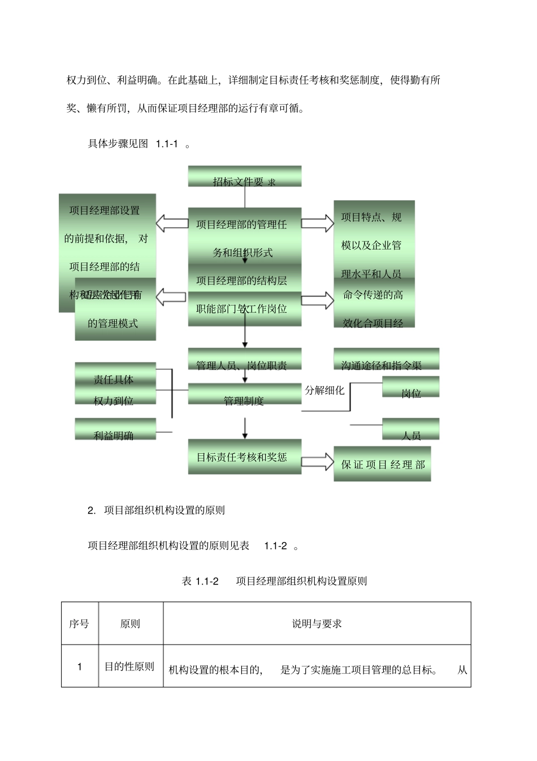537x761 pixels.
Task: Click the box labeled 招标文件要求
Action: coord(244,177)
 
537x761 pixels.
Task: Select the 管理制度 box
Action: coord(244,394)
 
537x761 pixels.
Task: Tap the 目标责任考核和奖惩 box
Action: coord(244,457)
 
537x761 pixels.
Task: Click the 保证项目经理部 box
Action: coord(382,464)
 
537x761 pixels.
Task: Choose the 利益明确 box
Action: coord(115,429)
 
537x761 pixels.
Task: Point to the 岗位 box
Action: coord(411,388)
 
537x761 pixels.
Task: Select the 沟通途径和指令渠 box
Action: coord(386,360)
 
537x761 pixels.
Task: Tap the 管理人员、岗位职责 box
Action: coord(244,360)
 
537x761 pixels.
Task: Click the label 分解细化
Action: coord(324,390)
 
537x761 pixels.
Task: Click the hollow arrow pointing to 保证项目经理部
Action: coord(317,461)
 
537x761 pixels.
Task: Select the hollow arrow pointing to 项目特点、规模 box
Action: coord(317,223)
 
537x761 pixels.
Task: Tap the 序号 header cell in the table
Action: coord(79,624)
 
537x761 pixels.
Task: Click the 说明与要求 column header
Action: coord(317,624)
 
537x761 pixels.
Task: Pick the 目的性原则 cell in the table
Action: coord(129,667)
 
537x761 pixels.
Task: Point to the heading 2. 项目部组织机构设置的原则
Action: coord(156,510)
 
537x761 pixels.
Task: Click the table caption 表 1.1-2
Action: coord(200,581)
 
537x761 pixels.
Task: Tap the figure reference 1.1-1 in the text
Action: coord(167,144)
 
